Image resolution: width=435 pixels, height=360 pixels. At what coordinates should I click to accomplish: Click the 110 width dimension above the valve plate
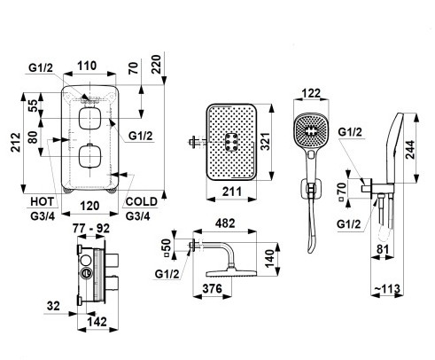88,66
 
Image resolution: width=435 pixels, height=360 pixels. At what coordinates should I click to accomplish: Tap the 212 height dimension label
16,143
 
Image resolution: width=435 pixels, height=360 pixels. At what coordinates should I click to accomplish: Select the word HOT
43,201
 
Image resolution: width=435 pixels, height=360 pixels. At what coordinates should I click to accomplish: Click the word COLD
142,201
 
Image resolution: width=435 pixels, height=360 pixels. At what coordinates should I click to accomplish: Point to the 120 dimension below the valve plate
89,206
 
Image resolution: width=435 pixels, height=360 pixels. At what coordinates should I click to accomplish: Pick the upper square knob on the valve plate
89,118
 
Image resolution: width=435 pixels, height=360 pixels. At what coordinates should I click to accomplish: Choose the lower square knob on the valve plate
89,156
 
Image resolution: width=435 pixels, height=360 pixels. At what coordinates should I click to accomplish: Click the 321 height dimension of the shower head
266,142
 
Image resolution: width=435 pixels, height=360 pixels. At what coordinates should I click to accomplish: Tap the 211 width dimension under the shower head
232,192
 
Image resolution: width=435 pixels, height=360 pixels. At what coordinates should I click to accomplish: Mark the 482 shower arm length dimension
225,223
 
